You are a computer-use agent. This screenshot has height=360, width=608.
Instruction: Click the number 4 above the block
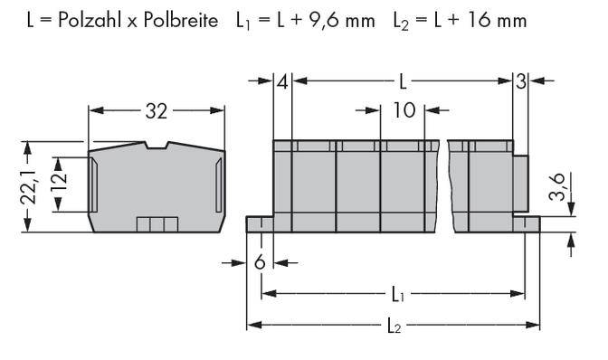[283, 83]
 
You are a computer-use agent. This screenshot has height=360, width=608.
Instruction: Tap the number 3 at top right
[521, 83]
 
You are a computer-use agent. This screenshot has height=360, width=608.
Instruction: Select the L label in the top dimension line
[403, 83]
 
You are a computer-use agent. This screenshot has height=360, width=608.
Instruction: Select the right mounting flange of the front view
[527, 223]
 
